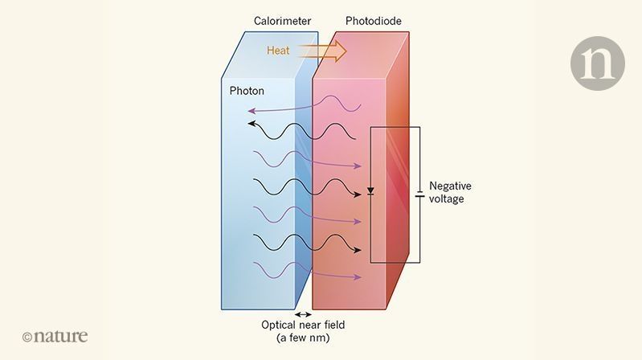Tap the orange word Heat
(280, 51)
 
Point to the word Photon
(247, 91)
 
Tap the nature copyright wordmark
(55, 336)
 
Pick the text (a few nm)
(305, 338)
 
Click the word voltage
(447, 198)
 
